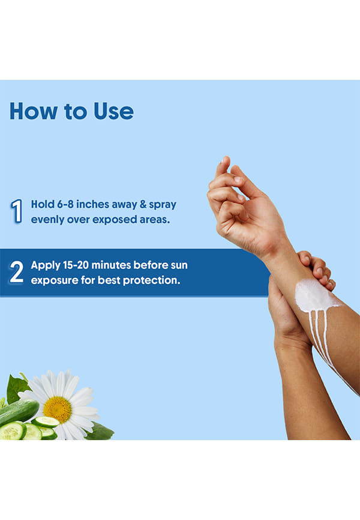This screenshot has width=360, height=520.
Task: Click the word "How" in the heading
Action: [34, 111]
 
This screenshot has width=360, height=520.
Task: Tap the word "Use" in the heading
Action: [114, 111]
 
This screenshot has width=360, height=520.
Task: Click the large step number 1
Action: [16, 211]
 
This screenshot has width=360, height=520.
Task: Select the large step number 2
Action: [17, 272]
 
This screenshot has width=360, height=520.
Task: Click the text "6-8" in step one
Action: [65, 204]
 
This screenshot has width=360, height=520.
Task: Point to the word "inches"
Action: [93, 204]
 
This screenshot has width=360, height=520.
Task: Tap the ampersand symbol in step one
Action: [143, 204]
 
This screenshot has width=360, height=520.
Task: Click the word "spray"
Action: [163, 205]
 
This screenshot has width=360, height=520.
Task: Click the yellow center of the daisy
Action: [58, 410]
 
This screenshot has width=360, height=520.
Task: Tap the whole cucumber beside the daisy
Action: [18, 413]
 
